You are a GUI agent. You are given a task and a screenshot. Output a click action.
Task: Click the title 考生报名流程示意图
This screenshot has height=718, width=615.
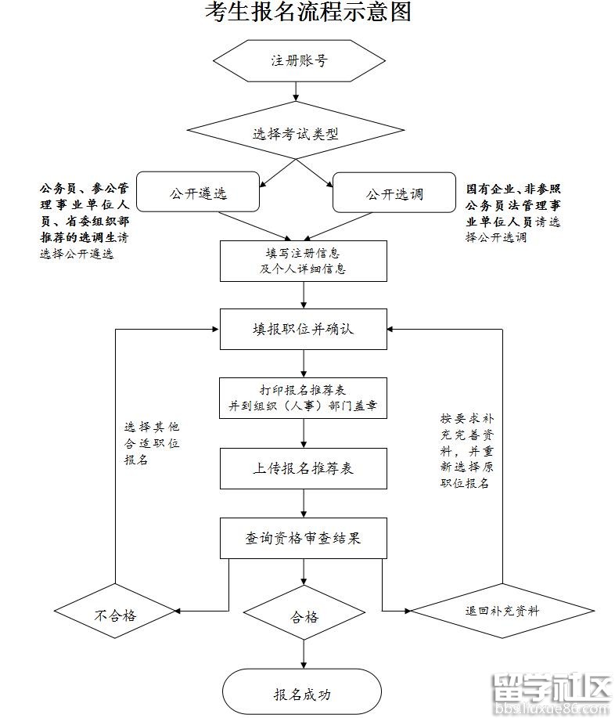(307, 13)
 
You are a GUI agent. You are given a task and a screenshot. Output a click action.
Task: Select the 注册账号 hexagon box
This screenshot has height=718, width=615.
(297, 60)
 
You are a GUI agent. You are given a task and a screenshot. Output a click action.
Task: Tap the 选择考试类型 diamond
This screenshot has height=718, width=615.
(296, 133)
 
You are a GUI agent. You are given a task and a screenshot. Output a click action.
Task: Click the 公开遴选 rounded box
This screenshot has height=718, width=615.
(198, 193)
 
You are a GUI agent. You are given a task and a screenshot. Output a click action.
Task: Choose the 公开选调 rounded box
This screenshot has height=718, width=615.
(394, 193)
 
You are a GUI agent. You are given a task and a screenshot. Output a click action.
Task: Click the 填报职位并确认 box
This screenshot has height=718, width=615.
(304, 329)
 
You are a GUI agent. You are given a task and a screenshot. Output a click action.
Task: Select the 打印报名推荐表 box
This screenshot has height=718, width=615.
(304, 399)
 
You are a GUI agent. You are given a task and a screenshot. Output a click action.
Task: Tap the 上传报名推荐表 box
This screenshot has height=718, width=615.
(304, 468)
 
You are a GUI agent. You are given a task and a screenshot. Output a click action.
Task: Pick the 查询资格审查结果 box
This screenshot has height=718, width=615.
(304, 538)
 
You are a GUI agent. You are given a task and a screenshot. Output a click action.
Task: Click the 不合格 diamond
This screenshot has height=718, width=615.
(116, 615)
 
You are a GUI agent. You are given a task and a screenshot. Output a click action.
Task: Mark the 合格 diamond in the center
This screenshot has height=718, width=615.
(304, 616)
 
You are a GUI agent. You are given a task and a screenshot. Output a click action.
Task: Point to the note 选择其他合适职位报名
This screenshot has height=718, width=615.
(152, 444)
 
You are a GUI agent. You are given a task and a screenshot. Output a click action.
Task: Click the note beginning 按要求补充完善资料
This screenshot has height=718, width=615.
(468, 450)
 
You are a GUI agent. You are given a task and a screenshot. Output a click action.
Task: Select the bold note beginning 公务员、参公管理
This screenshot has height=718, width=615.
(84, 220)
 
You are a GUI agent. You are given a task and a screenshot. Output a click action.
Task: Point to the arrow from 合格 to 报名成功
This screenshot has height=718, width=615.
(304, 654)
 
